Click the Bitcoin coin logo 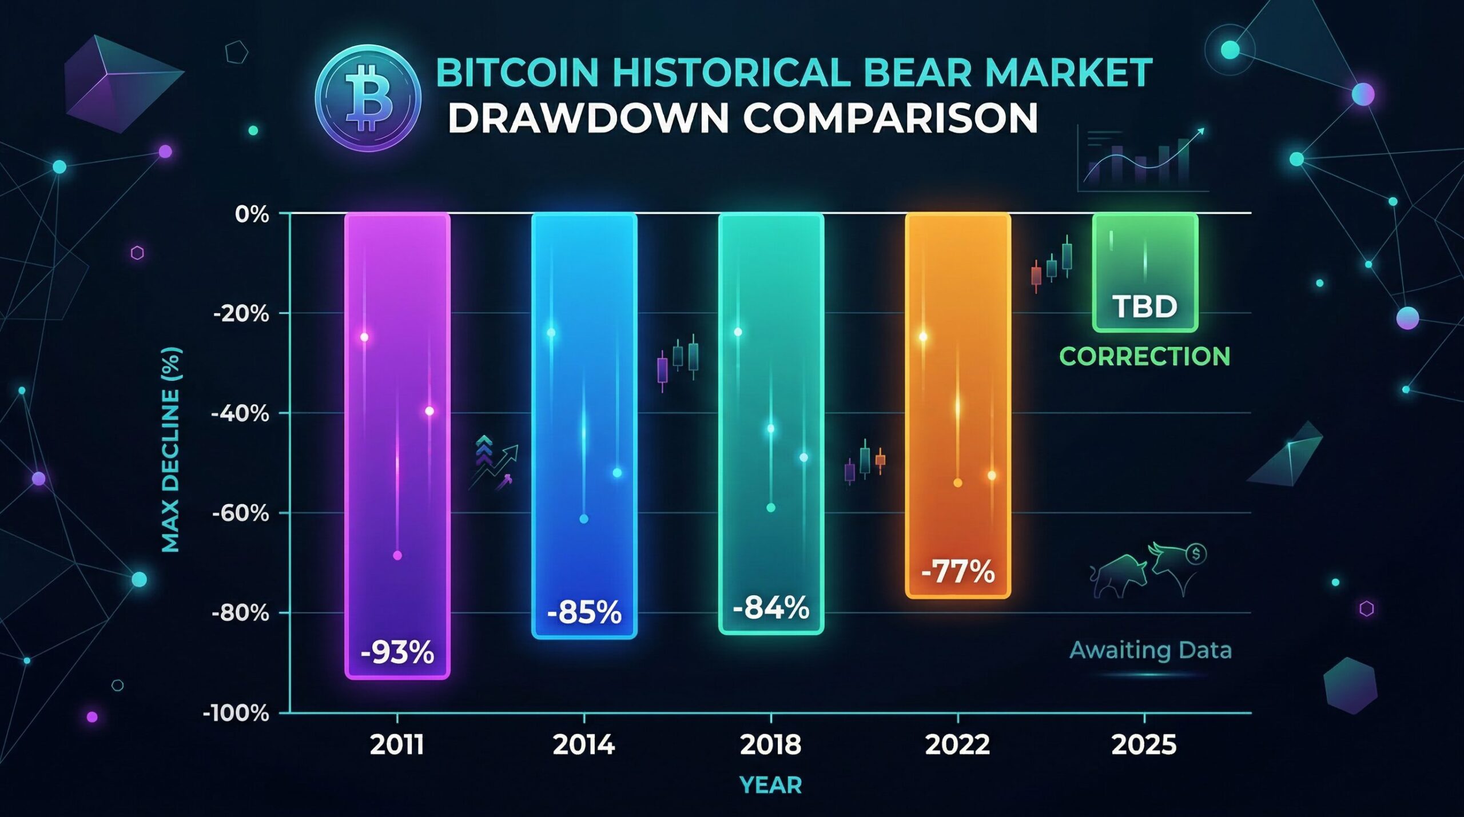click(368, 98)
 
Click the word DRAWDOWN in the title click(587, 118)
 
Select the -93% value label click(397, 652)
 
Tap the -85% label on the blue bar click(584, 613)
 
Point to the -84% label click(770, 608)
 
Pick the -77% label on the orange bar click(958, 571)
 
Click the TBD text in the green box click(1145, 306)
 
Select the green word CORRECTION click(1145, 356)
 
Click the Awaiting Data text click(1150, 651)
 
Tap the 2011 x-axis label click(397, 745)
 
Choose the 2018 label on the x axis click(770, 745)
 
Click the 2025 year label click(1144, 745)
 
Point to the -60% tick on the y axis click(241, 513)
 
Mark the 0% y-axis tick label click(252, 215)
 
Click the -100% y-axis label click(236, 714)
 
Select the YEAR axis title click(770, 786)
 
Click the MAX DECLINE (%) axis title click(171, 450)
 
